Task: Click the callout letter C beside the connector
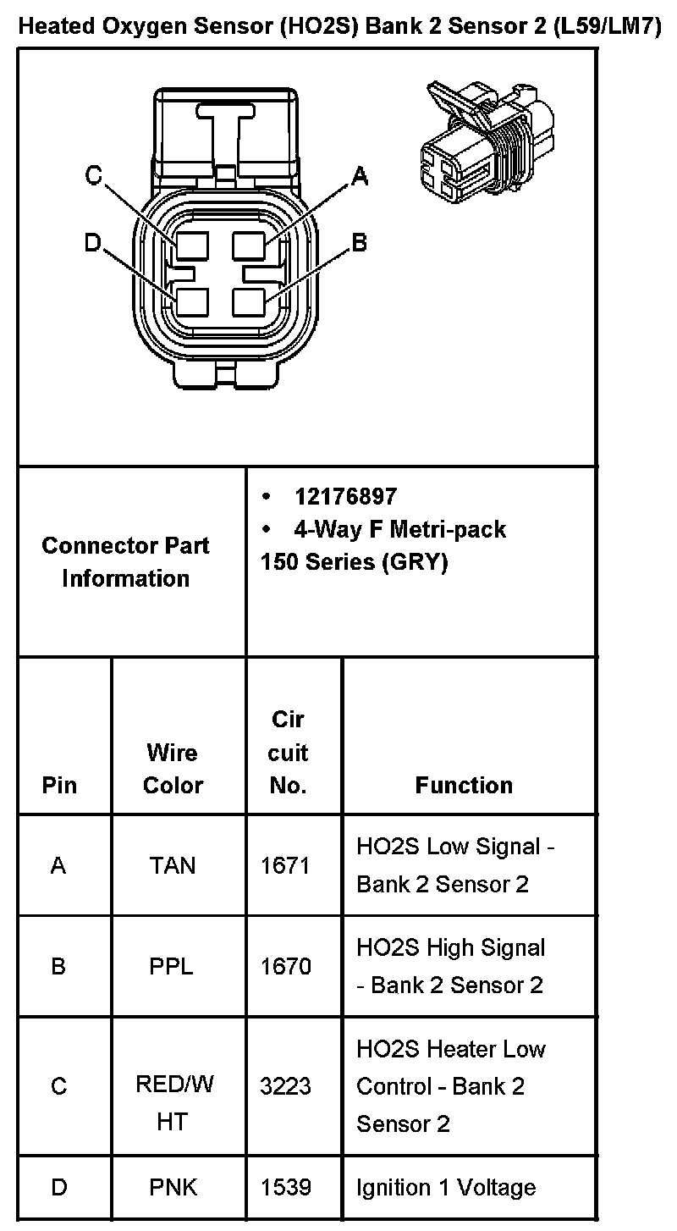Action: coord(94,176)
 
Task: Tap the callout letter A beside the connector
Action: coord(360,175)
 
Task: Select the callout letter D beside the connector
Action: coord(92,244)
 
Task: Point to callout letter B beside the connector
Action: coord(360,243)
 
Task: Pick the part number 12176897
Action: coord(344,496)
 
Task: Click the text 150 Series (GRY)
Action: coord(354,562)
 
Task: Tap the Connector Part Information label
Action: coord(125,561)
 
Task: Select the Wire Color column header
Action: coord(173,768)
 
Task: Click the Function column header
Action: coord(464,785)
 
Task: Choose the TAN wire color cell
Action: coord(172,865)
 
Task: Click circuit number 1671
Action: coord(286,865)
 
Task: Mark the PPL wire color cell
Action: coord(172,966)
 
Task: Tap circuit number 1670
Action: coord(286,966)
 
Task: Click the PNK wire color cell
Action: coord(173,1187)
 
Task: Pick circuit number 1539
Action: coord(286,1187)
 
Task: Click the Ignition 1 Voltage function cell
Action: coord(446,1187)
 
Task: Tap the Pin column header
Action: coord(59,785)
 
